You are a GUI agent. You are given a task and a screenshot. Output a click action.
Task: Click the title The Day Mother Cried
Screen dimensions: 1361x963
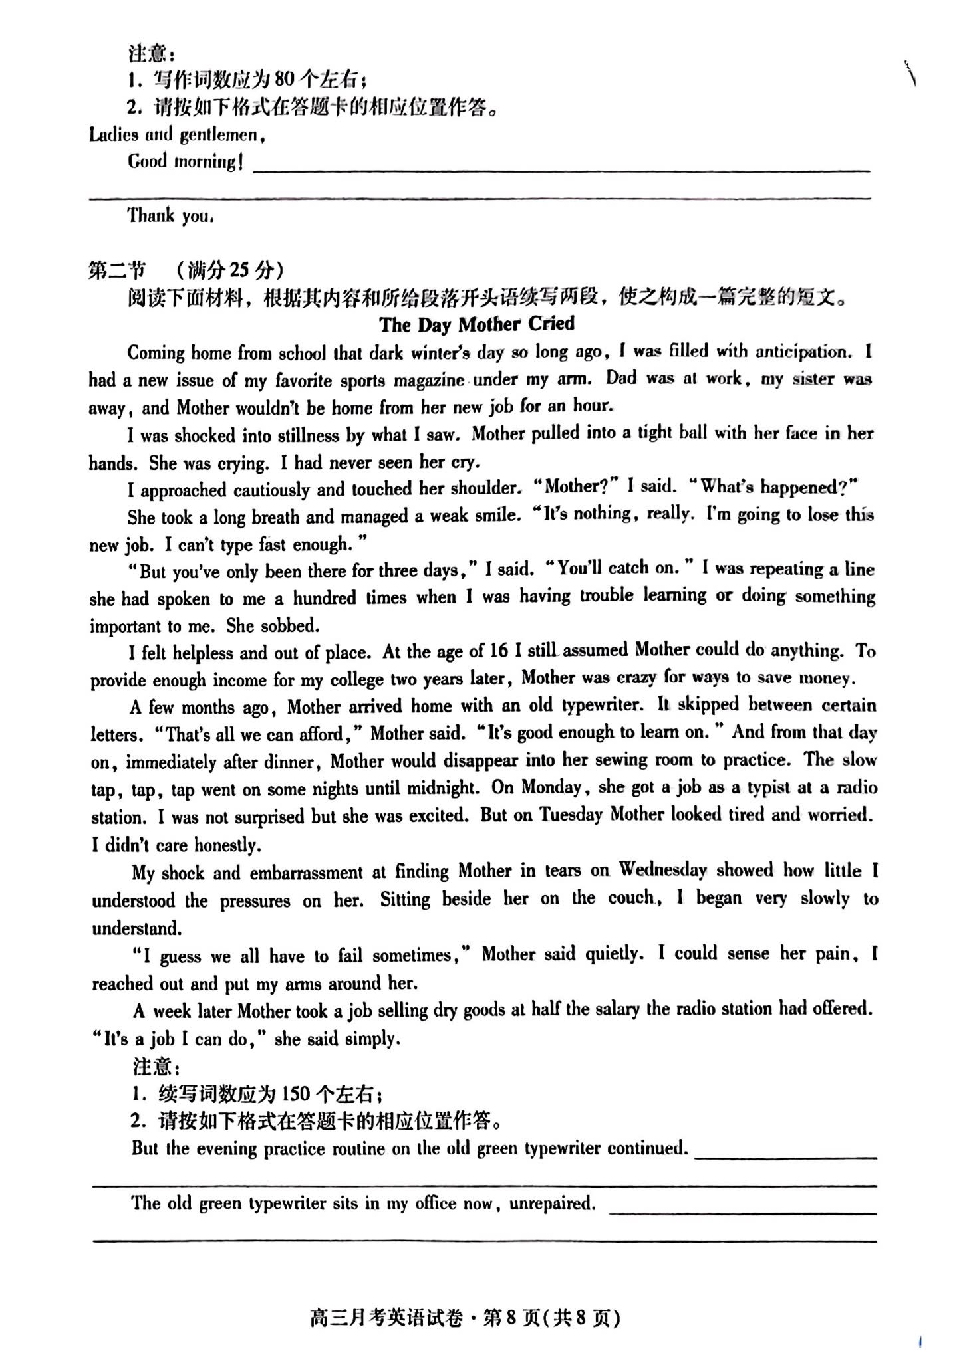pyautogui.click(x=477, y=324)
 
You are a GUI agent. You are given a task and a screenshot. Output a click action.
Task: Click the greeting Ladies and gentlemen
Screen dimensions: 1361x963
pyautogui.click(x=178, y=135)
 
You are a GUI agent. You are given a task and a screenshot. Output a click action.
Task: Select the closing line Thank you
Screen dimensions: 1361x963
pyautogui.click(x=170, y=215)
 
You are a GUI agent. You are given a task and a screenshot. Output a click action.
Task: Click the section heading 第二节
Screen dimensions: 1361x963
pyautogui.click(x=117, y=270)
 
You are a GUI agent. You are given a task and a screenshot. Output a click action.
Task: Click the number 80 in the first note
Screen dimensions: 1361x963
pyautogui.click(x=284, y=80)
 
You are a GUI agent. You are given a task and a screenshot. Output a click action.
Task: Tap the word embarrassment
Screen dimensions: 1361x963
pyautogui.click(x=307, y=873)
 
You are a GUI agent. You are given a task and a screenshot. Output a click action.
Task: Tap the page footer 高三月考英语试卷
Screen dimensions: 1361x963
pyautogui.click(x=386, y=1318)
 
